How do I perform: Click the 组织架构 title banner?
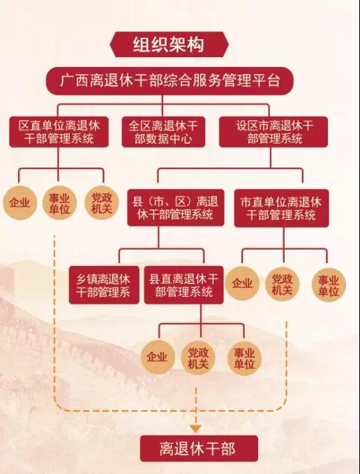169,45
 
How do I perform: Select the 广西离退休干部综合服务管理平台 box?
170,81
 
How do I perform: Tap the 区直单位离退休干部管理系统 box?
59,132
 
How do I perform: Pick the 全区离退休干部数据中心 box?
163,132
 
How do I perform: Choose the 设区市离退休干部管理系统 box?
273,132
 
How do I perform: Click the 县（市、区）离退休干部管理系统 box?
176,207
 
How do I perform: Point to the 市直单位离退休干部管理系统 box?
281,208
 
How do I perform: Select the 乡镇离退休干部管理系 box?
104,285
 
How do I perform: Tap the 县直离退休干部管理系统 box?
183,285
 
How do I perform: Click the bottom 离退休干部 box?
199,449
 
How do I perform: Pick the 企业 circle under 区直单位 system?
20,203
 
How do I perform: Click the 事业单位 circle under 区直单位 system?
59,203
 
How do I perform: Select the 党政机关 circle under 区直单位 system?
101,203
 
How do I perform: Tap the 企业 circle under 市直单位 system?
242,283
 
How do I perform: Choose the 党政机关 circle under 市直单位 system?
283,284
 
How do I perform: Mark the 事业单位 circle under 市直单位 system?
329,285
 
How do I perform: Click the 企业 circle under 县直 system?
158,357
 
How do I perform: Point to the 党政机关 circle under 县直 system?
198,358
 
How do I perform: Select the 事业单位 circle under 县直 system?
244,358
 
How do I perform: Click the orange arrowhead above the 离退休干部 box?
196,429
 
